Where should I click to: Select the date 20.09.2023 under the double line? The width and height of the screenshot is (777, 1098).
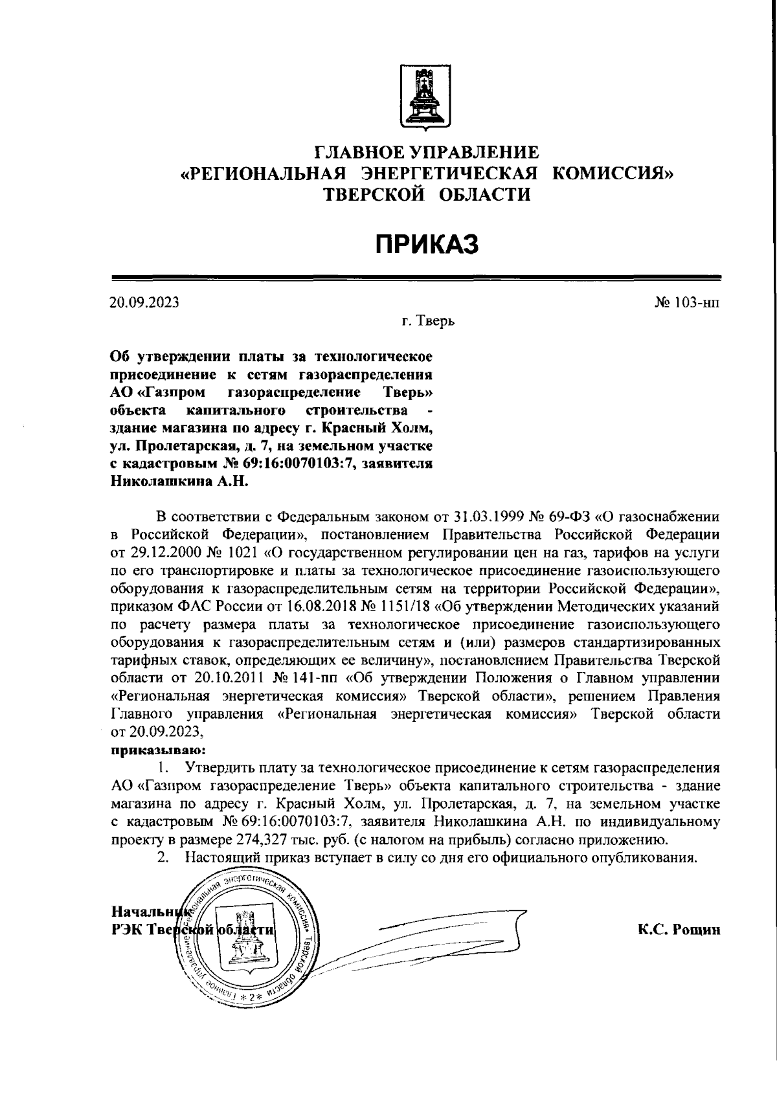click(144, 302)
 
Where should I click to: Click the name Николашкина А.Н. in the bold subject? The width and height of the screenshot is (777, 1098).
click(179, 482)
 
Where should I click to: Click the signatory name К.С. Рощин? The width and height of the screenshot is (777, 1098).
click(679, 930)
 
